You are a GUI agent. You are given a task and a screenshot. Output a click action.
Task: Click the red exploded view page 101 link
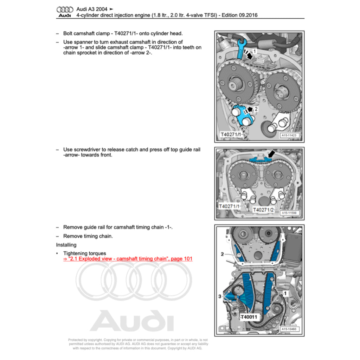128,259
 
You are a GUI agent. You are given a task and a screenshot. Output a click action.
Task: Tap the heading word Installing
66,245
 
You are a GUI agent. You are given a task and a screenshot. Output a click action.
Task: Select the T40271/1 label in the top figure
231,135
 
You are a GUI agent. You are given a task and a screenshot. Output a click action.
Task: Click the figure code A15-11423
289,135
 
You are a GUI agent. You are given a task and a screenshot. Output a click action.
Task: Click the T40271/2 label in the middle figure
263,210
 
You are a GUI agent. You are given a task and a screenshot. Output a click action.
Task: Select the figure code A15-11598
289,213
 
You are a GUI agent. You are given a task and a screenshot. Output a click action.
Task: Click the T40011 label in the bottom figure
249,317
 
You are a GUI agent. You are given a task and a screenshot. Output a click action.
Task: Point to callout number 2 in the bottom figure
222,253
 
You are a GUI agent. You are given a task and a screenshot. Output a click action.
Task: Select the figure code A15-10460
289,329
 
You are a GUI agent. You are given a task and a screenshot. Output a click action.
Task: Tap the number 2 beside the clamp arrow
256,109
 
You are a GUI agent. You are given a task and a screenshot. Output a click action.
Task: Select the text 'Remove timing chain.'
88,236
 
